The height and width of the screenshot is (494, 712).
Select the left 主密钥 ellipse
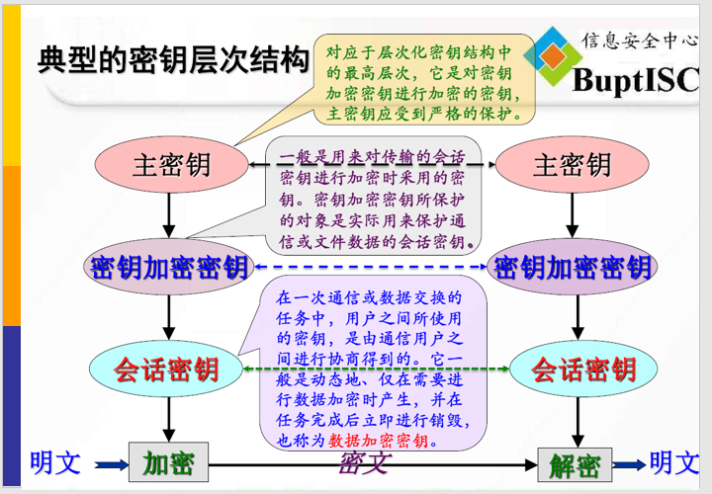coord(172,164)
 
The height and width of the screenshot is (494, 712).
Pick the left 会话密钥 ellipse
coord(166,370)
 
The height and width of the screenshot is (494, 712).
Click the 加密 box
coord(168,462)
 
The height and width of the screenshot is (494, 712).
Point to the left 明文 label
coord(54,461)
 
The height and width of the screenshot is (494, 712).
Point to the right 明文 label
coord(674,461)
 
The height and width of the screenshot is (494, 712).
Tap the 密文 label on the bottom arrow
coord(364,461)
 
